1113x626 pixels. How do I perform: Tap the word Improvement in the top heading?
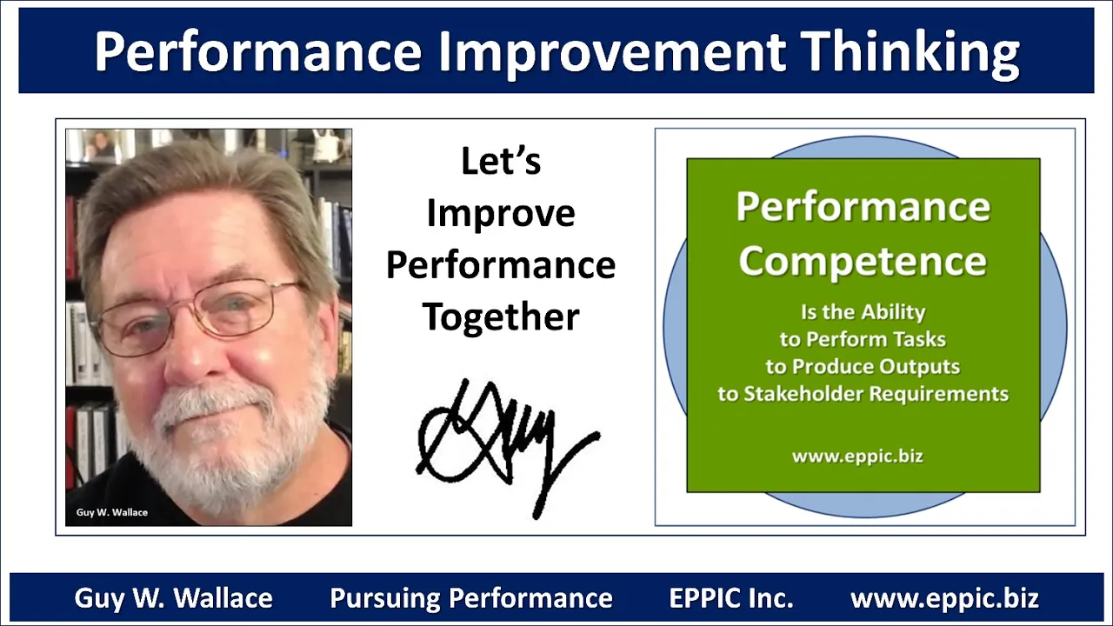(x=611, y=51)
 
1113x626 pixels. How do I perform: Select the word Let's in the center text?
(x=501, y=161)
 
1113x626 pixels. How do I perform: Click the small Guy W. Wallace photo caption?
(x=112, y=512)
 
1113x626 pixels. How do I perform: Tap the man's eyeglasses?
(x=199, y=315)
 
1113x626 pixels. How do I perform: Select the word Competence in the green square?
(x=863, y=262)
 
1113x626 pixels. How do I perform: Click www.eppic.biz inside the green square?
(x=857, y=456)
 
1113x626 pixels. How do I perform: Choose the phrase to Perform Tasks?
(x=863, y=340)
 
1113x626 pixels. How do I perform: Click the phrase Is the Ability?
(x=863, y=312)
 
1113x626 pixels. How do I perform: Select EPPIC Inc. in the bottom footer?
(x=731, y=598)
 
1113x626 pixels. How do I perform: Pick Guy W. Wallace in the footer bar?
(x=173, y=598)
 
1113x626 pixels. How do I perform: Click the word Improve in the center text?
(x=501, y=214)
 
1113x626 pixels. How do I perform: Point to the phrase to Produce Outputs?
(x=863, y=367)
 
